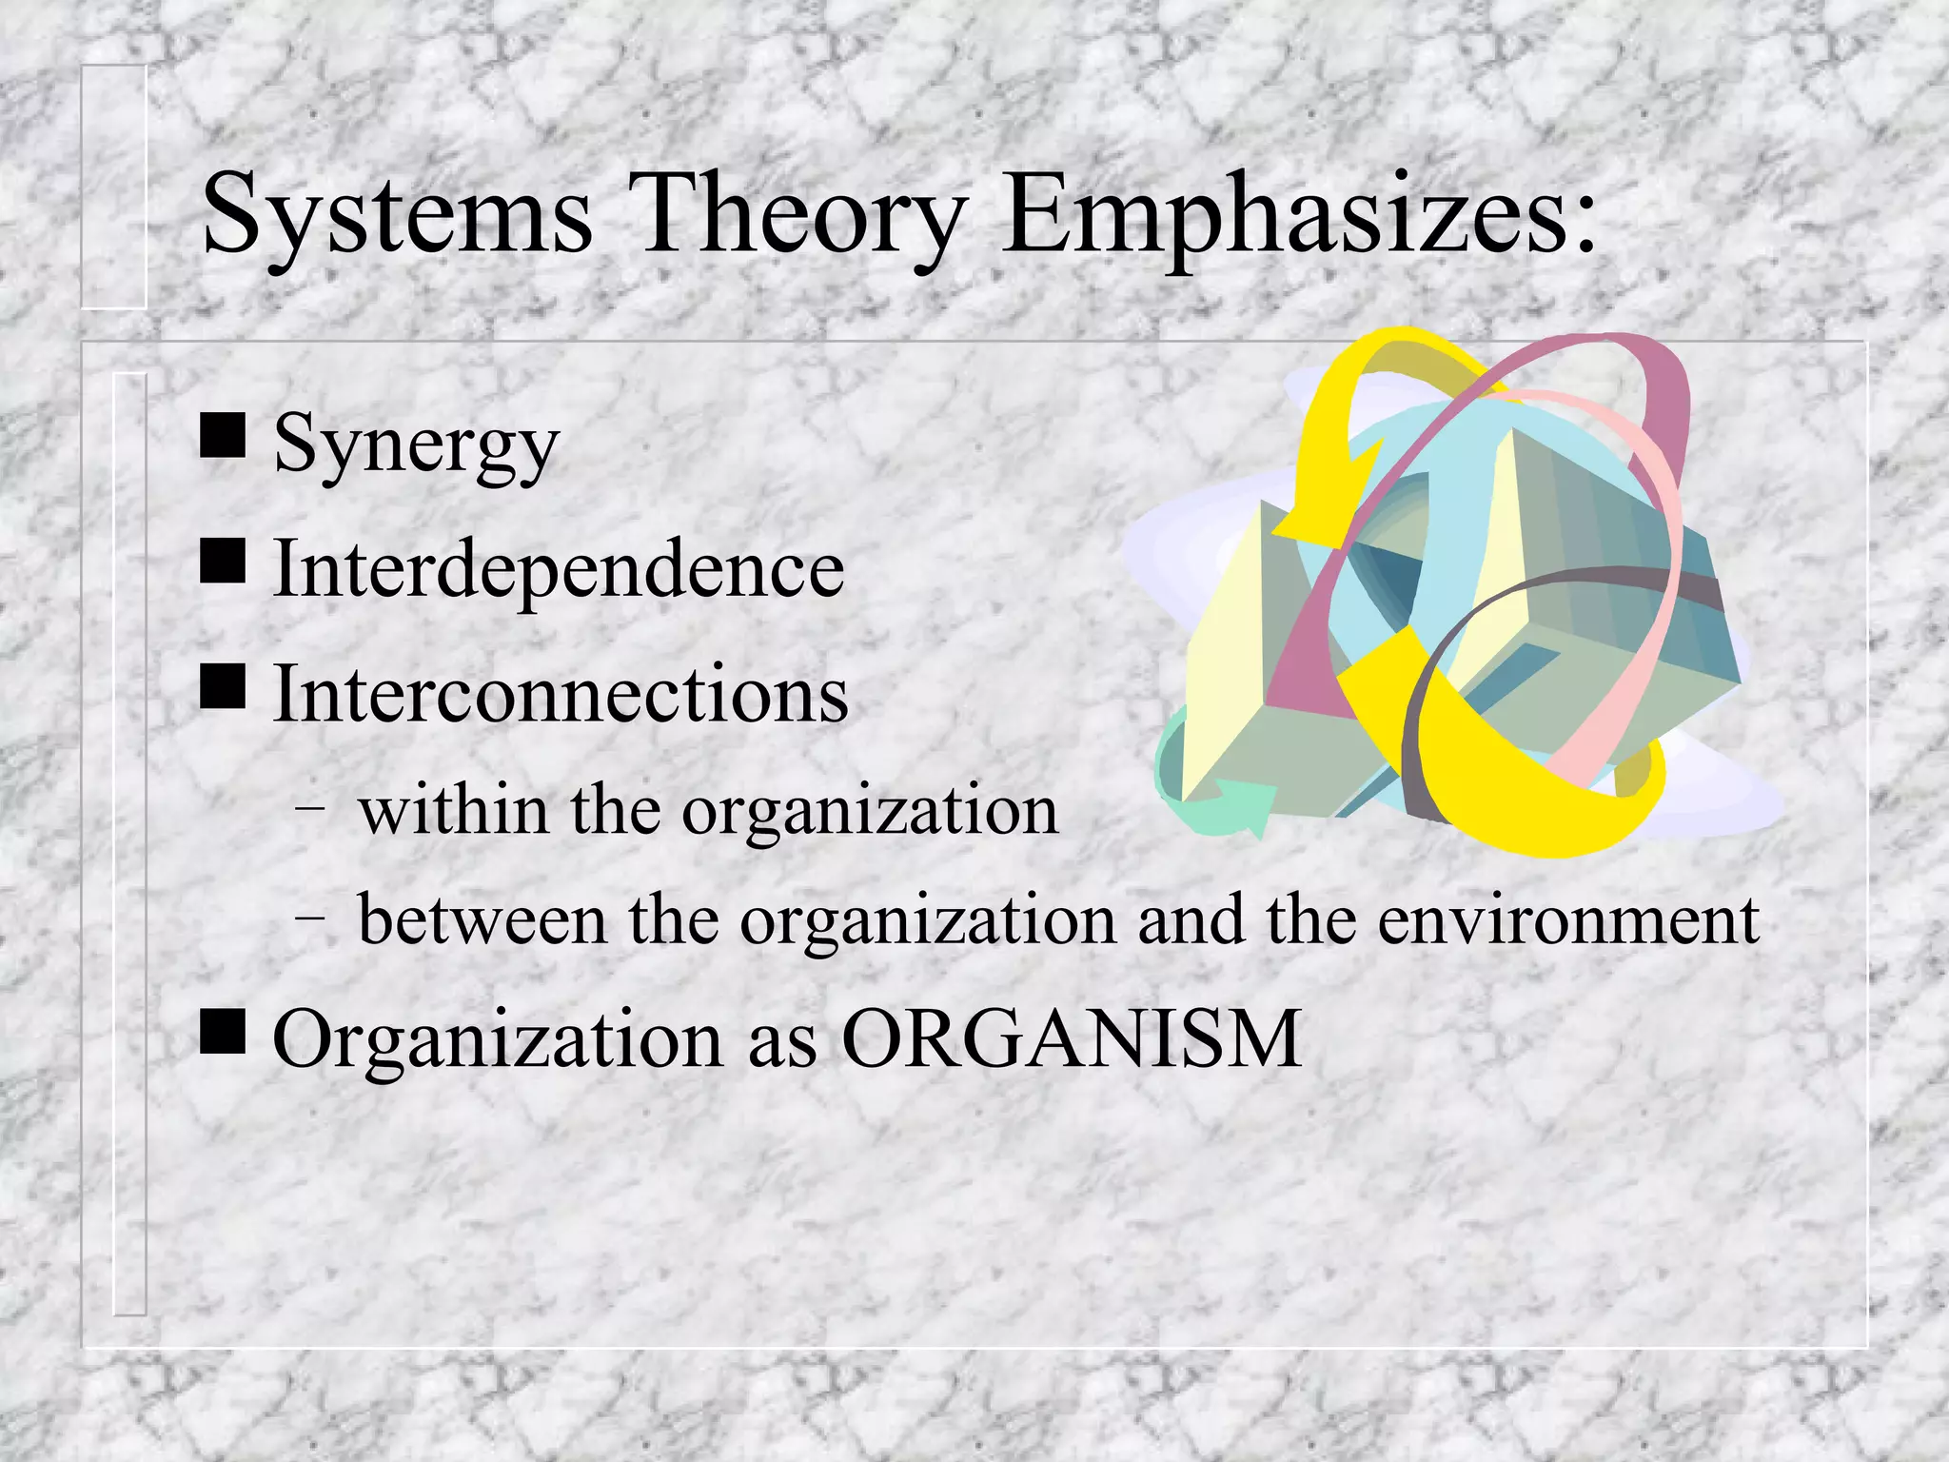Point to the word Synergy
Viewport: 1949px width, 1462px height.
(416, 446)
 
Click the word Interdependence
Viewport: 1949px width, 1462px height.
(559, 569)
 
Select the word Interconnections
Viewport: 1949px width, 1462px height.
(561, 694)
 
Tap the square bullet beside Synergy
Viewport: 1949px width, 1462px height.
(224, 437)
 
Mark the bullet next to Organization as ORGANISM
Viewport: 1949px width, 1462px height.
(224, 1032)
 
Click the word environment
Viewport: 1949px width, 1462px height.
(1568, 921)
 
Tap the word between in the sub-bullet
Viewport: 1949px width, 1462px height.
(482, 921)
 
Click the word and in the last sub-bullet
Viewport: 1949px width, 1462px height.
(1191, 921)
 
